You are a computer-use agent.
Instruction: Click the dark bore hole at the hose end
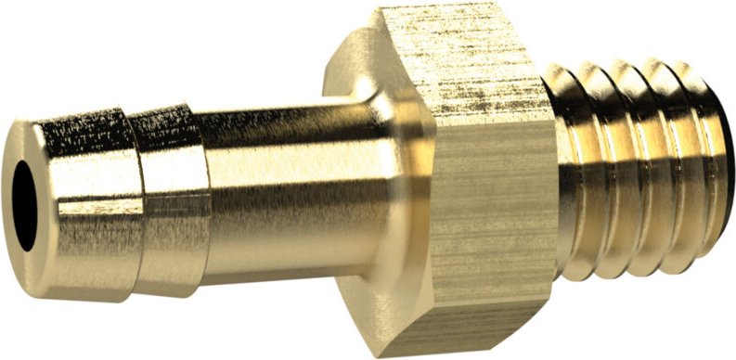(x=23, y=201)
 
